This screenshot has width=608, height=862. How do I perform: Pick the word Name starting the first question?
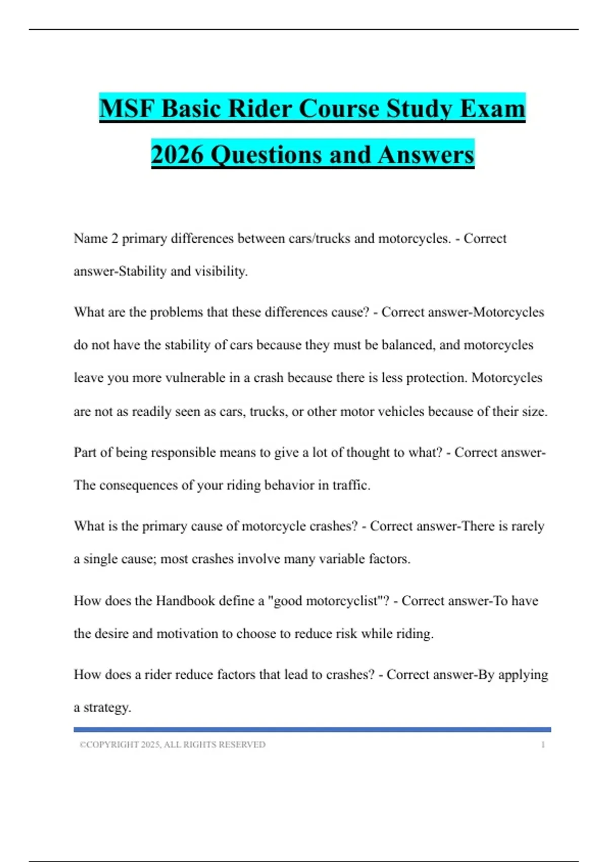pyautogui.click(x=90, y=238)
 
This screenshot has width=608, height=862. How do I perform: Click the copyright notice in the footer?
pyautogui.click(x=172, y=745)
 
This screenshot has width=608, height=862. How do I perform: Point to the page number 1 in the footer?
pyautogui.click(x=543, y=745)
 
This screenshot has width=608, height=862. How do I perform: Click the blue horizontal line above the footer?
pyautogui.click(x=312, y=730)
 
